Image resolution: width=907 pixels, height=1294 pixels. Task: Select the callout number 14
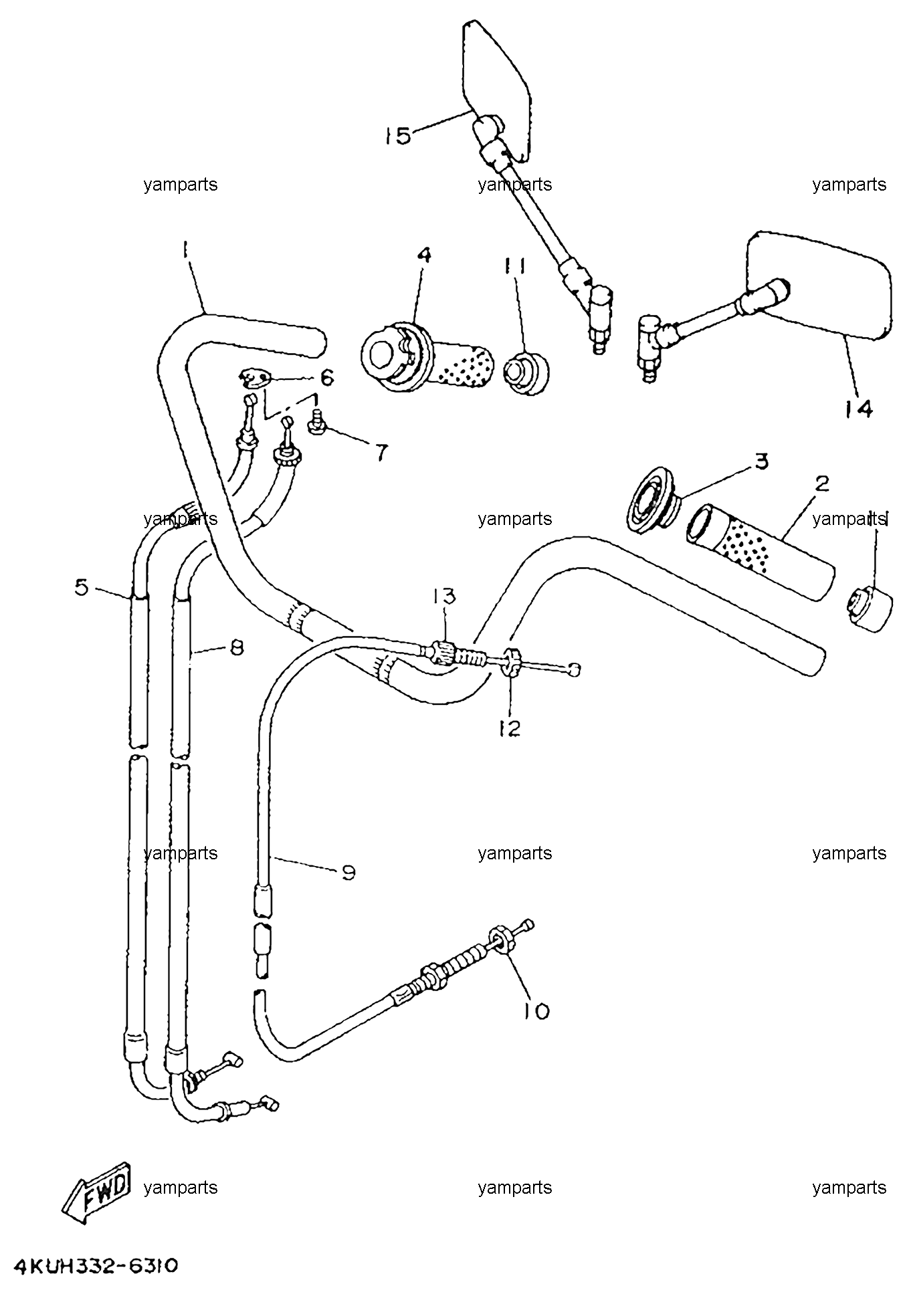click(x=858, y=408)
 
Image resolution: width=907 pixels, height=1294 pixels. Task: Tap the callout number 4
click(x=424, y=255)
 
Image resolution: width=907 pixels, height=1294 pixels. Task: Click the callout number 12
click(x=509, y=728)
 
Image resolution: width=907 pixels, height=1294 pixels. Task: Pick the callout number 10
click(x=536, y=1010)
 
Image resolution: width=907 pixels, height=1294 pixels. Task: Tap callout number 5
click(x=82, y=588)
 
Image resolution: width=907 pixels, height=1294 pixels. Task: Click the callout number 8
click(x=236, y=647)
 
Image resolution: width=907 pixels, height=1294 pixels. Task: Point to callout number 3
click(x=761, y=461)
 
